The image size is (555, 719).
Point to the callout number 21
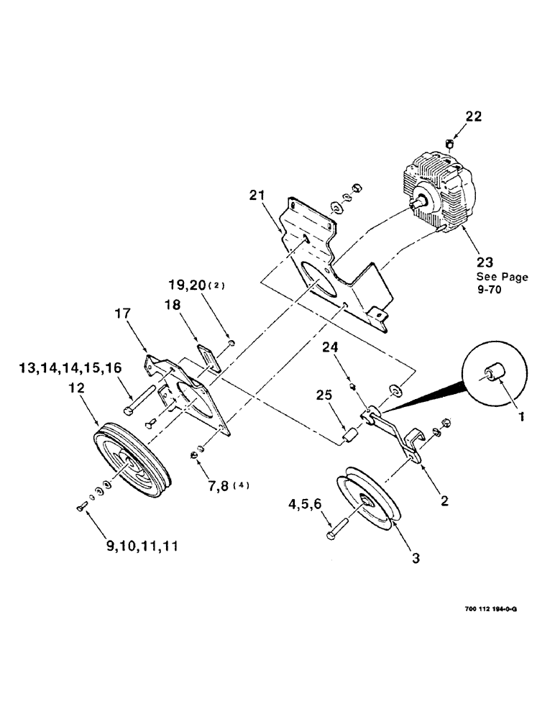pyautogui.click(x=258, y=195)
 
